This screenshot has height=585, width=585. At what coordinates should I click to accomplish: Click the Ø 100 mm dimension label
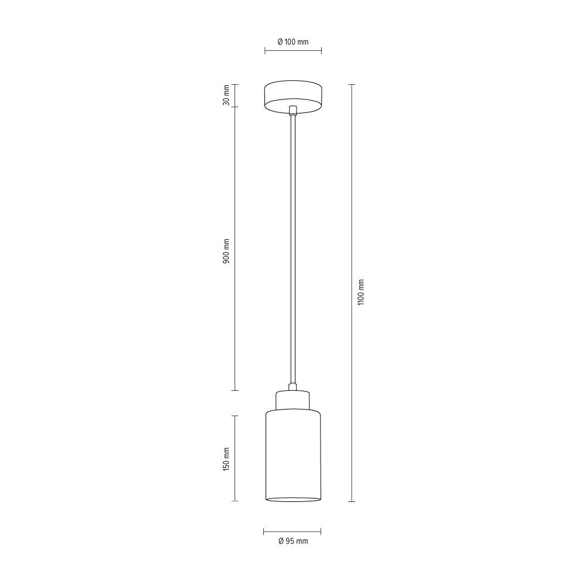click(293, 42)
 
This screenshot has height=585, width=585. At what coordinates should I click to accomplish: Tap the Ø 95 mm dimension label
click(293, 541)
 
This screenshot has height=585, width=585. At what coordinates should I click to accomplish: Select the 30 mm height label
click(226, 95)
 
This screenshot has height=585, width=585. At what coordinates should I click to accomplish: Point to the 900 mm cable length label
click(226, 252)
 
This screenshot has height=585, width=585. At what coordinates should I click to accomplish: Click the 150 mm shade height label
click(226, 459)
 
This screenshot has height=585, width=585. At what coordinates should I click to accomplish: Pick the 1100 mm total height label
click(360, 292)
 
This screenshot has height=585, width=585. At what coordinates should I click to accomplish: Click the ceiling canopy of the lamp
click(293, 97)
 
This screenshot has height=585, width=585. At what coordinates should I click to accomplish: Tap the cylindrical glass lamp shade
click(293, 456)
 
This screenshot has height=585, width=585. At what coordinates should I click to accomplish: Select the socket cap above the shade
click(293, 400)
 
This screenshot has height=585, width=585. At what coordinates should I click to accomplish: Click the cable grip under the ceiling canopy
click(293, 111)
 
